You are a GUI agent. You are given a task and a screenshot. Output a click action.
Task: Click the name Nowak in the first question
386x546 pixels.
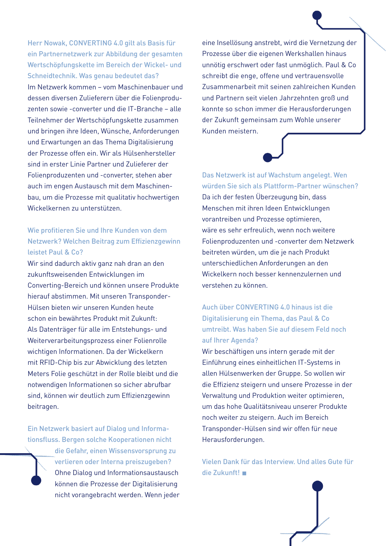55,43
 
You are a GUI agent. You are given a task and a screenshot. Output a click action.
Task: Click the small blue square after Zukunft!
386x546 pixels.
244,473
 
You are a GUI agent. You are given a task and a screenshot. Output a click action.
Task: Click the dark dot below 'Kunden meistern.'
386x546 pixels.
268,157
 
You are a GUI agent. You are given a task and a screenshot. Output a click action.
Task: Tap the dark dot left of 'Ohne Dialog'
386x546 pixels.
36,480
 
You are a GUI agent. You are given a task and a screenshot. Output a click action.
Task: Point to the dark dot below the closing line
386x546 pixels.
317,486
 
